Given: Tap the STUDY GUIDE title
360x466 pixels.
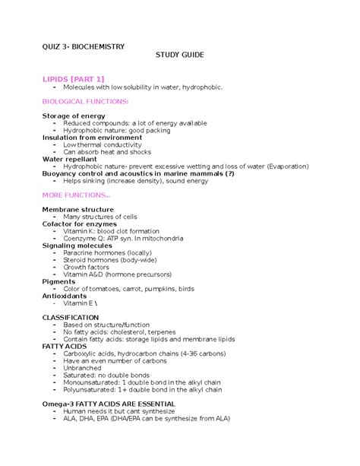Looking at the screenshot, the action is [180, 56].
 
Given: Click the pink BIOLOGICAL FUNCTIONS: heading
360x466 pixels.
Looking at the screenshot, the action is [85, 101].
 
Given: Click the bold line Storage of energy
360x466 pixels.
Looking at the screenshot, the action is [74, 116].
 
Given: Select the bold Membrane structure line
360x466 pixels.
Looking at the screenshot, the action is [78, 209].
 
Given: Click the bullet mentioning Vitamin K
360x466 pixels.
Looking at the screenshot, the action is [110, 230].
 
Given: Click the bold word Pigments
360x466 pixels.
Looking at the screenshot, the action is [59, 281].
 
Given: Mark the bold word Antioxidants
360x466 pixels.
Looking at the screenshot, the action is [65, 296].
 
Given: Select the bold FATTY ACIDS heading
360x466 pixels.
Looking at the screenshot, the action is [65, 346].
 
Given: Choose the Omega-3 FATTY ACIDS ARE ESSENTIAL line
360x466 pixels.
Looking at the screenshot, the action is [109, 404].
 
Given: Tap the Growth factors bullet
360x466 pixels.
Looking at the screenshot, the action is [87, 267].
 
